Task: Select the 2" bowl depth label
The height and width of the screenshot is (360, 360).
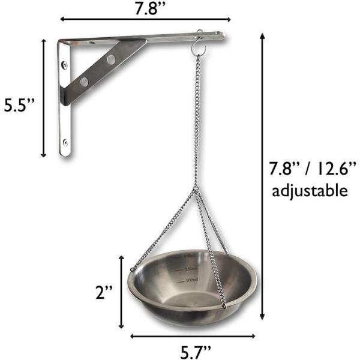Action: tap(105, 293)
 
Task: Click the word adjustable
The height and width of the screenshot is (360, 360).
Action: tap(309, 191)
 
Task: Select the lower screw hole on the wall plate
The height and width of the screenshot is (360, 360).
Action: tap(65, 142)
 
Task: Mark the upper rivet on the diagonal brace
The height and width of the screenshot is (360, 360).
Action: tap(112, 59)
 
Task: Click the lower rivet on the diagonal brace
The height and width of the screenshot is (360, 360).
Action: tap(84, 80)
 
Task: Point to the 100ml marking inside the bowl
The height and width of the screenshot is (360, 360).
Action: tap(192, 281)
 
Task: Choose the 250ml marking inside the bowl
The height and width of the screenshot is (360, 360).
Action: tap(191, 268)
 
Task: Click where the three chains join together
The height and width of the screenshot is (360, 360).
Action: tap(196, 190)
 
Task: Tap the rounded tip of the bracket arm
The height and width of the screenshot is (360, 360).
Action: tap(223, 37)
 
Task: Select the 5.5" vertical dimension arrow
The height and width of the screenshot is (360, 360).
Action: tap(44, 97)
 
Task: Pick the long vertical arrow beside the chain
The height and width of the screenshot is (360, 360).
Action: tap(262, 177)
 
